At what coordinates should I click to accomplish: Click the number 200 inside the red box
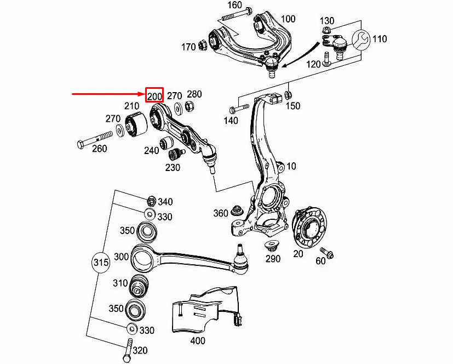click(x=154, y=96)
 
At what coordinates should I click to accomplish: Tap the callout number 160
click(x=234, y=5)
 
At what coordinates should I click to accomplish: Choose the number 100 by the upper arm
click(x=288, y=19)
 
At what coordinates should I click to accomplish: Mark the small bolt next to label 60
click(x=329, y=253)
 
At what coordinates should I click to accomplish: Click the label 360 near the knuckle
click(x=221, y=213)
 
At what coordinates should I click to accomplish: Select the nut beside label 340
click(x=152, y=200)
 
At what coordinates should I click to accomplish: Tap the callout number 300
click(x=121, y=257)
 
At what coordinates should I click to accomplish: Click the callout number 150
click(x=293, y=106)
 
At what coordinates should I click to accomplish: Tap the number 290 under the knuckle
click(x=273, y=259)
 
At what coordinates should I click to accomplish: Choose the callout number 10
click(x=291, y=166)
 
